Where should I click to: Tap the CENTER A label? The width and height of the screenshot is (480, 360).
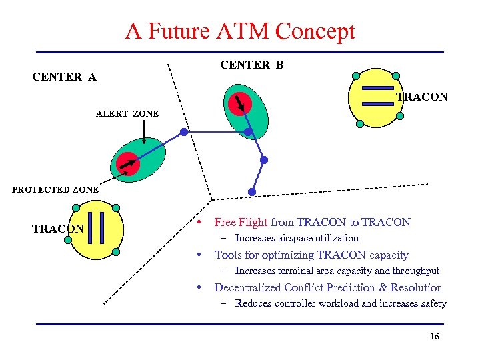pyautogui.click(x=64, y=77)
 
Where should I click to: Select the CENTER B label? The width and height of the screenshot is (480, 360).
pyautogui.click(x=251, y=65)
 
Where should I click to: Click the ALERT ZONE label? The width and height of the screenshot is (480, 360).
pyautogui.click(x=127, y=114)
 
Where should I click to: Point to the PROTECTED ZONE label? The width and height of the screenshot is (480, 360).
pyautogui.click(x=55, y=189)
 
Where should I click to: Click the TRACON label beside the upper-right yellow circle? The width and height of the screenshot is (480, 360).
pyautogui.click(x=422, y=97)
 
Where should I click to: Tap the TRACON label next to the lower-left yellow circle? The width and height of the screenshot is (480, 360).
pyautogui.click(x=57, y=229)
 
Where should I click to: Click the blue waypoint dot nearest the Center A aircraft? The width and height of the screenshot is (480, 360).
pyautogui.click(x=183, y=132)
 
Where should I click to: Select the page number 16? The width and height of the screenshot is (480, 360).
pyautogui.click(x=435, y=337)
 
